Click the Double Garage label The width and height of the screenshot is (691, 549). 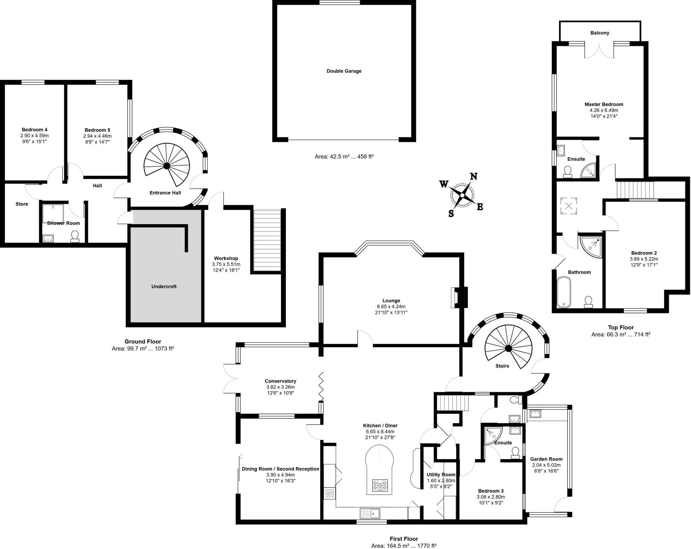point(344,71)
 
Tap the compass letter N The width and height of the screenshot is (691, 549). point(474,176)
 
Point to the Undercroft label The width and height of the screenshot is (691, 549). point(164,286)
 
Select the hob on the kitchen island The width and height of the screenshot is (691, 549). point(380,486)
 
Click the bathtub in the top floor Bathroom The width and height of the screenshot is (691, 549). point(563,292)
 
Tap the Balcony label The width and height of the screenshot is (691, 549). point(600,33)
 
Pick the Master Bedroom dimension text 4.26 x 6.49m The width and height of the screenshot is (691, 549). point(604,110)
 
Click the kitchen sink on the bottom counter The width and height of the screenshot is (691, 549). point(370,513)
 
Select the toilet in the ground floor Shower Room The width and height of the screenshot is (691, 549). point(75,236)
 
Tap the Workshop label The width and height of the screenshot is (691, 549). point(226,258)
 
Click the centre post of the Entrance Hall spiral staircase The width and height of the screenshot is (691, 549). point(166,166)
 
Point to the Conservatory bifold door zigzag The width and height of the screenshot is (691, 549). point(321,387)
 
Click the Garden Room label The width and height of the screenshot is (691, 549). point(546,459)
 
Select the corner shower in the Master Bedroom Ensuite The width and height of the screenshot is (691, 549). point(589,170)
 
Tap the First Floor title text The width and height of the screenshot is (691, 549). point(404,539)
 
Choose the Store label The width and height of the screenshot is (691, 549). point(22,204)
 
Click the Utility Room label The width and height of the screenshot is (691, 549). point(441,474)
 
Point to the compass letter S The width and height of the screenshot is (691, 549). point(451,213)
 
